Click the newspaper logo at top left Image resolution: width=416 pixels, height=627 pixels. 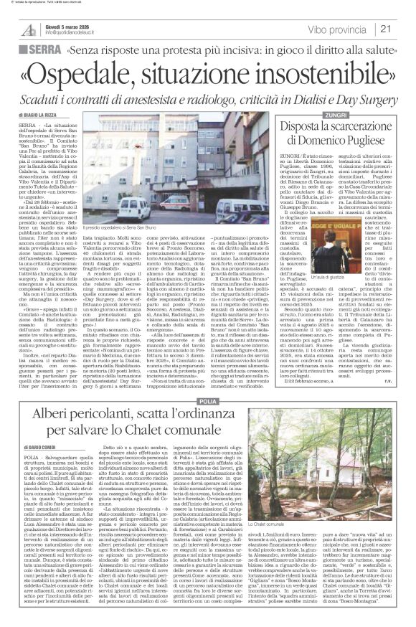[x=27, y=28]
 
